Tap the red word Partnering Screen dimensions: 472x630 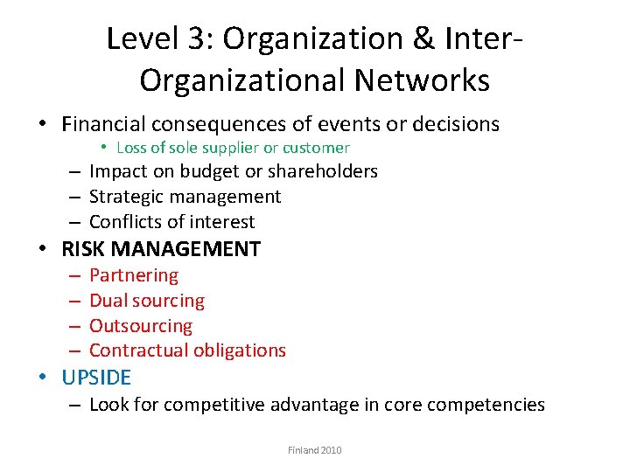point(134,275)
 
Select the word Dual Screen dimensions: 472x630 point(108,301)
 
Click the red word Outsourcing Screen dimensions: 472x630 point(141,326)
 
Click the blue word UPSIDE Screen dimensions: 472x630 point(96,378)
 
